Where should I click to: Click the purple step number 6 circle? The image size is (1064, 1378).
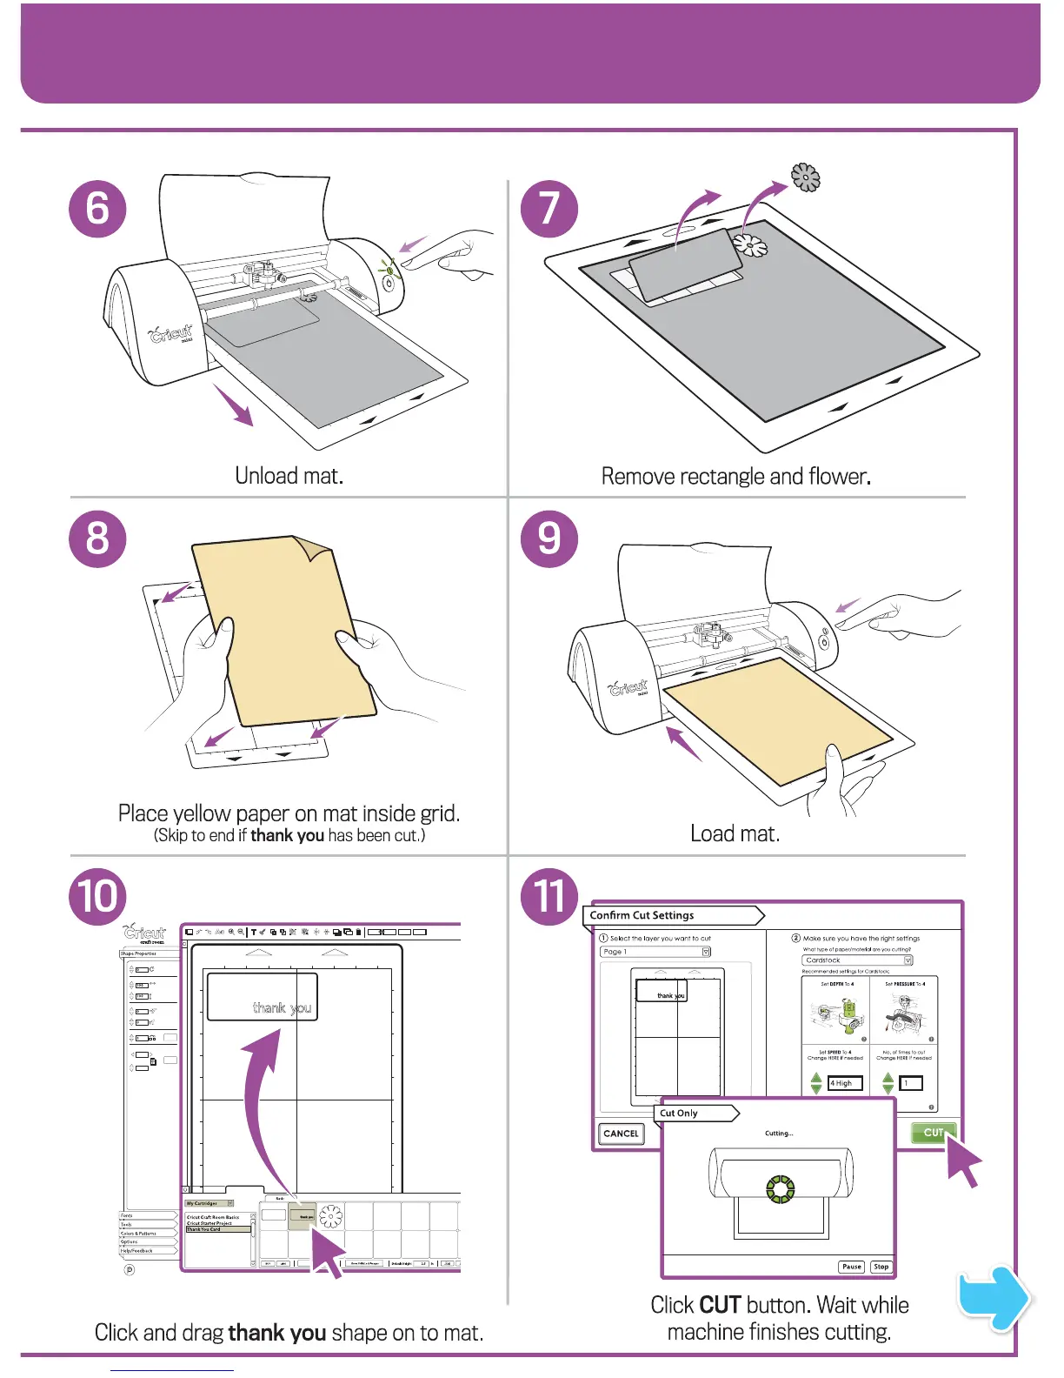coord(97,209)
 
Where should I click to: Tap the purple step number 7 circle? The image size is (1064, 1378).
coord(549,209)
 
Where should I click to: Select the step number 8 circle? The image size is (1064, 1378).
coord(97,538)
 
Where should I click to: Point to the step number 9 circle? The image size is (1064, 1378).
coord(549,538)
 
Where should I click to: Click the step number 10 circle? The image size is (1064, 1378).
coord(98,896)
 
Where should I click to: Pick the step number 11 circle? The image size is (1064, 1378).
coord(549,896)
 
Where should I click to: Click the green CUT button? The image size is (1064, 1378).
coord(933,1133)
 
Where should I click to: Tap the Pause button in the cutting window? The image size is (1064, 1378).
coord(851,1267)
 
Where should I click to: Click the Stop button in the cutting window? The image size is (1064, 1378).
coord(881,1267)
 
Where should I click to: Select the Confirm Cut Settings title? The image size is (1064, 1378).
coord(642,915)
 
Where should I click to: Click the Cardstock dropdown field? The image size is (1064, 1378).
coord(857,960)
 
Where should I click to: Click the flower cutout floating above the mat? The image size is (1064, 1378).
coord(806,177)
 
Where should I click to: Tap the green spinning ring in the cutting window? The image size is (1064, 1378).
coord(780,1189)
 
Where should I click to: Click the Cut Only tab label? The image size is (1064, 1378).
coord(679,1113)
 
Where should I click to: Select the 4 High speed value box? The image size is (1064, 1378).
coord(845,1083)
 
